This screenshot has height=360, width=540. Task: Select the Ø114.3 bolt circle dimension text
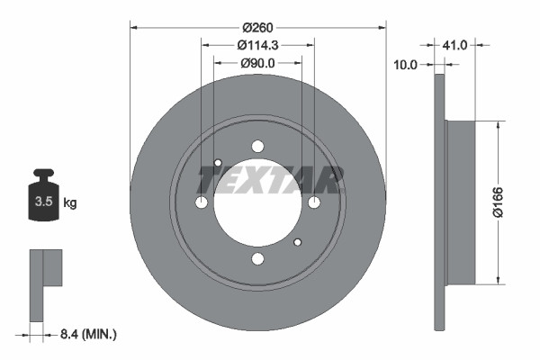(x=258, y=44)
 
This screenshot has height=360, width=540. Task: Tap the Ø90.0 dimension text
(x=258, y=63)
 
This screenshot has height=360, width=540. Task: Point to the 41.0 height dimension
(x=454, y=43)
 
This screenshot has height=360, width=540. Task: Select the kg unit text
(x=70, y=203)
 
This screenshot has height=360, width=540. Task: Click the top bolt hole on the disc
(x=258, y=147)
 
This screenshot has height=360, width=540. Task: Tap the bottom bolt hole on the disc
(x=258, y=259)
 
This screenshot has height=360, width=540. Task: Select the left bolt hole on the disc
(x=202, y=202)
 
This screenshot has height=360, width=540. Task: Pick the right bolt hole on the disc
(x=314, y=202)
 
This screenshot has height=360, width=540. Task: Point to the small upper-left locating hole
(x=218, y=163)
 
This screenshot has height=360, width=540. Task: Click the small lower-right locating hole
(x=299, y=241)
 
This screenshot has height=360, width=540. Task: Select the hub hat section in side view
(x=460, y=202)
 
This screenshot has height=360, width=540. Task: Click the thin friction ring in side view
(x=439, y=202)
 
